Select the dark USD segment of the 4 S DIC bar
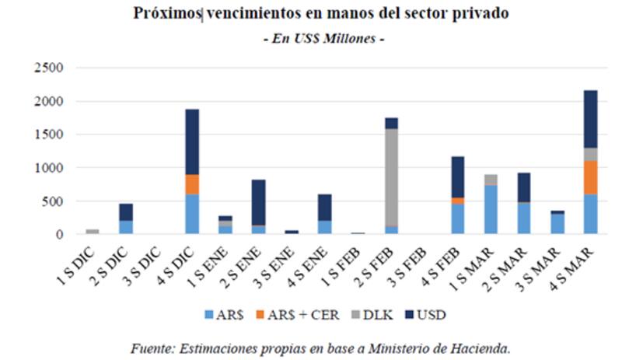tap(192, 142)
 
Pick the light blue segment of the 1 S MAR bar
tap(491, 209)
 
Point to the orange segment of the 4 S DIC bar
tap(192, 184)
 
